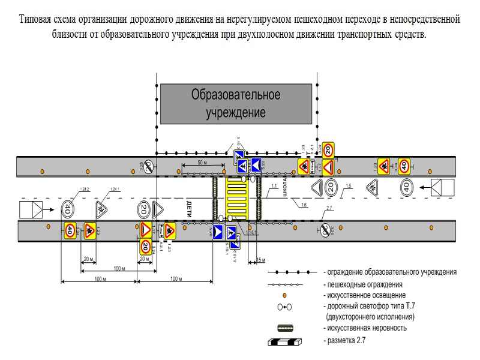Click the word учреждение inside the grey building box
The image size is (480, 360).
pyautogui.click(x=236, y=112)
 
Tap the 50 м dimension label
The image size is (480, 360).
pyautogui.click(x=202, y=163)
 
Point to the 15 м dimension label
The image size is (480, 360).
pyautogui.click(x=260, y=260)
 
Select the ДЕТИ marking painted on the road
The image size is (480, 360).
pyautogui.click(x=188, y=209)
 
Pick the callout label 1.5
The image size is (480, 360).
pyautogui.click(x=349, y=186)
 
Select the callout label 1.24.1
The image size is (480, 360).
pyautogui.click(x=115, y=190)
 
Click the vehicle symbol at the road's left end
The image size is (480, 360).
pyautogui.click(x=31, y=209)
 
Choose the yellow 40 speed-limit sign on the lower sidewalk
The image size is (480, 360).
pyautogui.click(x=70, y=230)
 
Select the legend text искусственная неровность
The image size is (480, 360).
pyautogui.click(x=365, y=328)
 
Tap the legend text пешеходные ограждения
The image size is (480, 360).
pyautogui.click(x=362, y=284)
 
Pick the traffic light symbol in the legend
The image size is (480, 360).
pyautogui.click(x=284, y=307)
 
